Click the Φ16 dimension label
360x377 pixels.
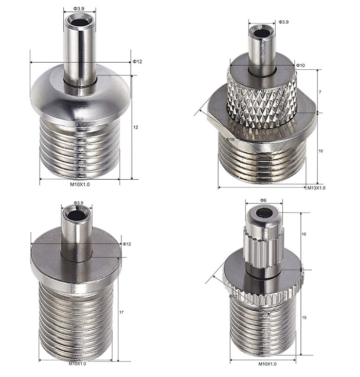[230, 140]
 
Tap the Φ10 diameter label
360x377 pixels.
[300, 65]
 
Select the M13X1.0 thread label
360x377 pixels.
[316, 188]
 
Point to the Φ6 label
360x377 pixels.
[263, 200]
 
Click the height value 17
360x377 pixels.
[121, 312]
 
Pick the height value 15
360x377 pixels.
[304, 317]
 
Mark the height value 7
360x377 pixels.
[320, 92]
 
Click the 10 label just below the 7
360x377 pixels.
[320, 151]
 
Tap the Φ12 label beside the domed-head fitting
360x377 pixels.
[137, 62]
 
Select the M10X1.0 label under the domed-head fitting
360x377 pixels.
[80, 184]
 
